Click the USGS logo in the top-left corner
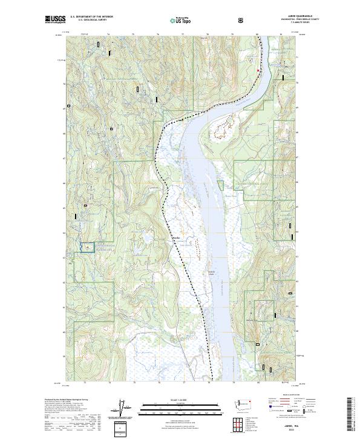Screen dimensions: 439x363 coord(55,20)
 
